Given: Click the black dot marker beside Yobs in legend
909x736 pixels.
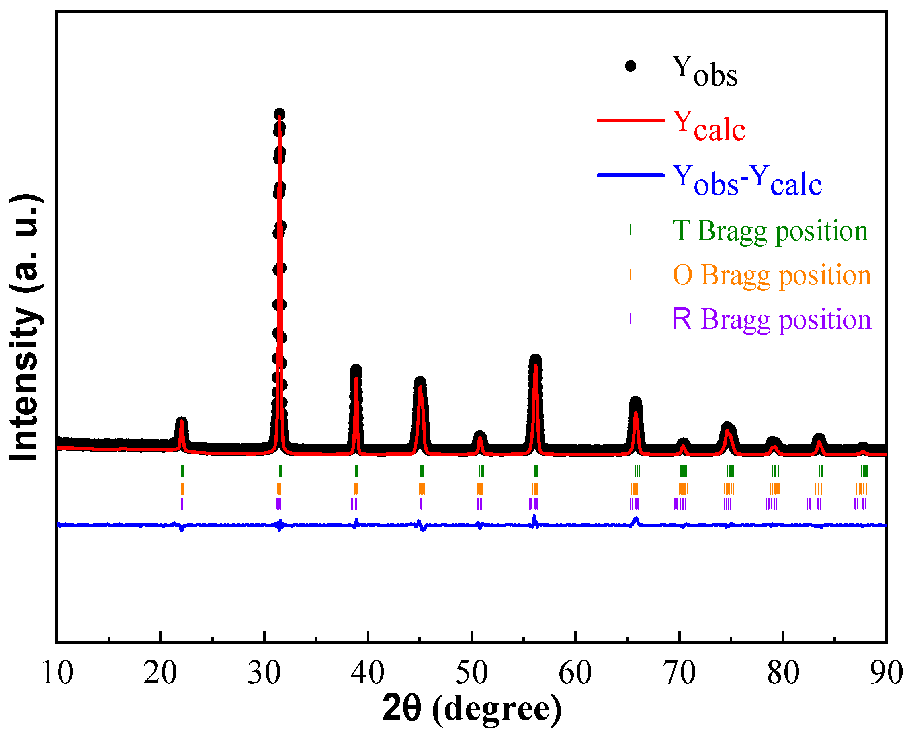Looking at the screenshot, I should pos(630,66).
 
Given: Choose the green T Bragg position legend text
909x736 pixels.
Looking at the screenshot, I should pos(770,231).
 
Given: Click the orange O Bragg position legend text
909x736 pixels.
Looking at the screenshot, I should pos(771,275).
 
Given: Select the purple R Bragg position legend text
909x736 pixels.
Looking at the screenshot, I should pos(771,319).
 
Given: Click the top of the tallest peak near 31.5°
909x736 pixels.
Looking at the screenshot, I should pos(279,115).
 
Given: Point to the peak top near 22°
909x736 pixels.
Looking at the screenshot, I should pos(181,421).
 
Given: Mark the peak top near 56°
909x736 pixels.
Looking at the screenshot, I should pos(535,360).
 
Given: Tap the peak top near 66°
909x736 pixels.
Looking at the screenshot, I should pos(635,402).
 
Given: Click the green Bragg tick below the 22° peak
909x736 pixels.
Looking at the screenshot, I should pos(182,471).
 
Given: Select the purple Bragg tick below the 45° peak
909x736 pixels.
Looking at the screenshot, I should pos(420,503).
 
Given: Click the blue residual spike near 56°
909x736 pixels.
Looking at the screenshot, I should pos(534,518).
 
